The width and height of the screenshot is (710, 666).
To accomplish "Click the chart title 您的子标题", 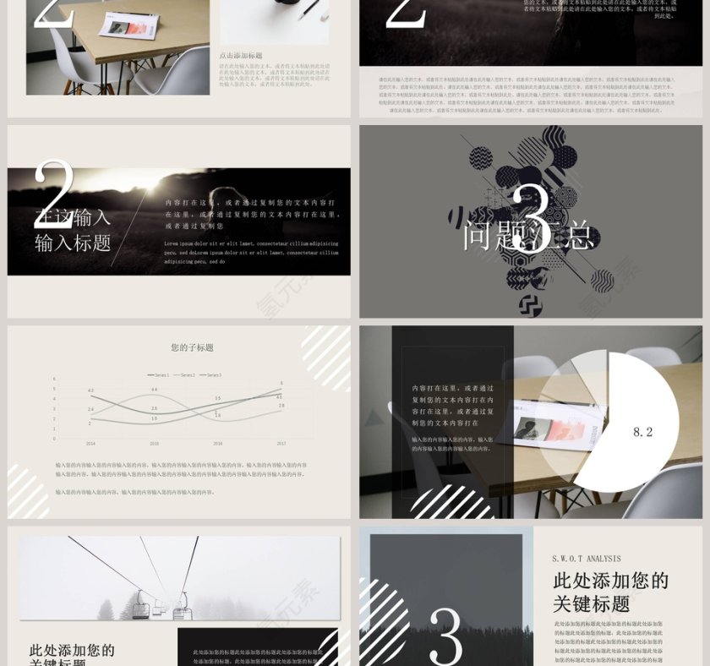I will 192,347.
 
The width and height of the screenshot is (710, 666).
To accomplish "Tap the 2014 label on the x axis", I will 90,443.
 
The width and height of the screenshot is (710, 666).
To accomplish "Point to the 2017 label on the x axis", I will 281,443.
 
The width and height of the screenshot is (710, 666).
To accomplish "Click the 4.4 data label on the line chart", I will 154,389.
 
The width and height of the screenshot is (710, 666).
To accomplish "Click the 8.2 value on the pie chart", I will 643,432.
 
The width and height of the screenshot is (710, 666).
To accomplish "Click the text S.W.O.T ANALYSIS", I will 587,559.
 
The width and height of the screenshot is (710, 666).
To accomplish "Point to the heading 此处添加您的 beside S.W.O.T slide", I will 610,581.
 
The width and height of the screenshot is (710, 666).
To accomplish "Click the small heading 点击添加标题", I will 241,56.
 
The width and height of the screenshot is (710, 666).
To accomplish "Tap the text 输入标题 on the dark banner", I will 73,243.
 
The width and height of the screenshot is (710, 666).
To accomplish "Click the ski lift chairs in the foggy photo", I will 161,607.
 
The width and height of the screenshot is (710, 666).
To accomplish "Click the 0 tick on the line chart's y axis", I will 54,439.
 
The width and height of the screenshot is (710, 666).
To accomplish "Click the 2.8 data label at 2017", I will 281,406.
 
